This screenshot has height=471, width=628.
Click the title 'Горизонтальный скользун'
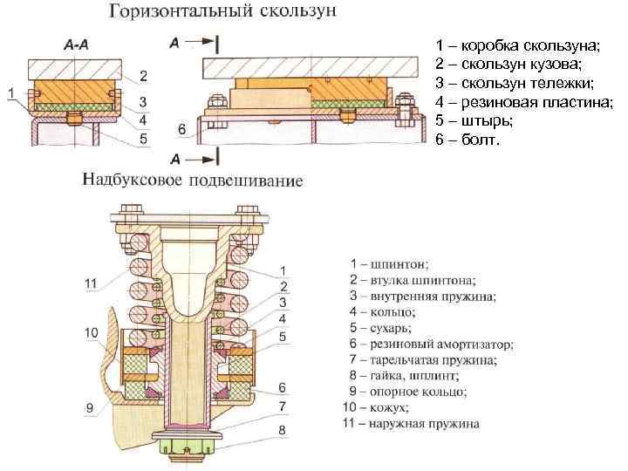point(225,13)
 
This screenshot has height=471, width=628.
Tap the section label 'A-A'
point(76,45)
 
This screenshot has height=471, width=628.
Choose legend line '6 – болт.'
point(468,140)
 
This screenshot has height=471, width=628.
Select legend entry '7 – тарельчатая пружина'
point(423,359)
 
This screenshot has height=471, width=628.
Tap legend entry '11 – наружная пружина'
point(410,424)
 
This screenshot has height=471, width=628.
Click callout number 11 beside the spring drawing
point(91,283)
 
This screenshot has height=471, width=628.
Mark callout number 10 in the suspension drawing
point(91,332)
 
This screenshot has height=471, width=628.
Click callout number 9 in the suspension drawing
point(91,406)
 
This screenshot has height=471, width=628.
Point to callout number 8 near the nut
point(282,429)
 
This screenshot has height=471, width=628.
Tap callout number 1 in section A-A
point(10,92)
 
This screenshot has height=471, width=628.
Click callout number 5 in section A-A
point(144,137)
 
